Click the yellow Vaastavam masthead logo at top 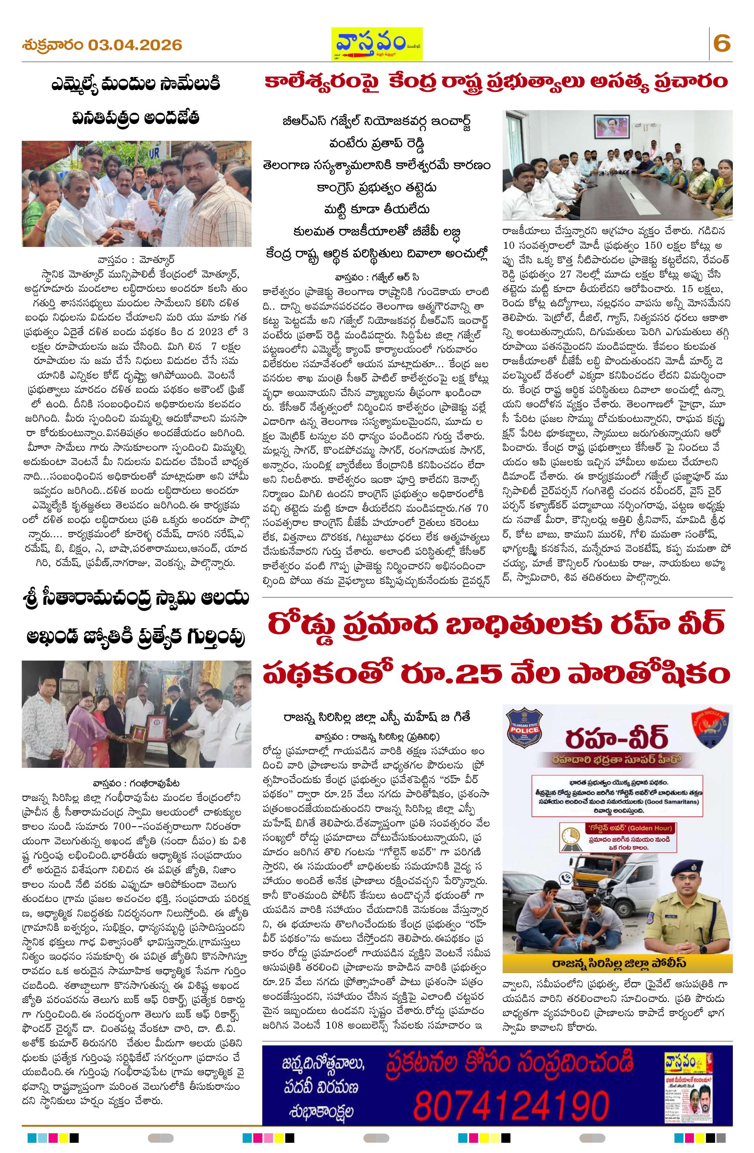coord(376,44)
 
